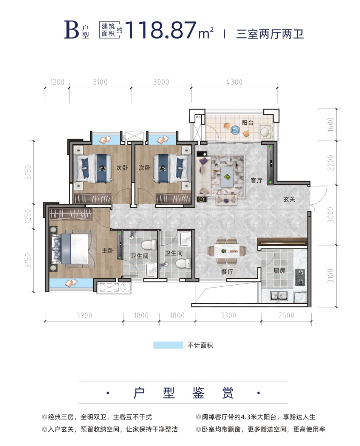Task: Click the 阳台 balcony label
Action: (x=248, y=123)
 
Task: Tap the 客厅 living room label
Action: (x=257, y=180)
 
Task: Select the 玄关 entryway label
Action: (x=289, y=199)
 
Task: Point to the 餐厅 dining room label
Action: (x=227, y=272)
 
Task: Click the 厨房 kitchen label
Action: (x=279, y=270)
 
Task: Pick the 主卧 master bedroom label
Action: (x=108, y=251)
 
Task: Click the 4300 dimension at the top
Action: (x=234, y=82)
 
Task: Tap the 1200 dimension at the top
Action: (x=57, y=82)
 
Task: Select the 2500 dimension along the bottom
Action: (x=286, y=315)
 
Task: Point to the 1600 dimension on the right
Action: (x=330, y=125)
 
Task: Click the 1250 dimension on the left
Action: (x=28, y=216)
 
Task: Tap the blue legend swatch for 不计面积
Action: (x=168, y=345)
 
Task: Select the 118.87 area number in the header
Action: (x=161, y=30)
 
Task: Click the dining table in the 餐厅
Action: (x=227, y=251)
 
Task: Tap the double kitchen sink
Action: (x=279, y=295)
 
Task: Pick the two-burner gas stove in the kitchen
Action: (x=300, y=277)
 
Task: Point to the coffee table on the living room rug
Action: (x=227, y=177)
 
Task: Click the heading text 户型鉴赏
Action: (x=183, y=393)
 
